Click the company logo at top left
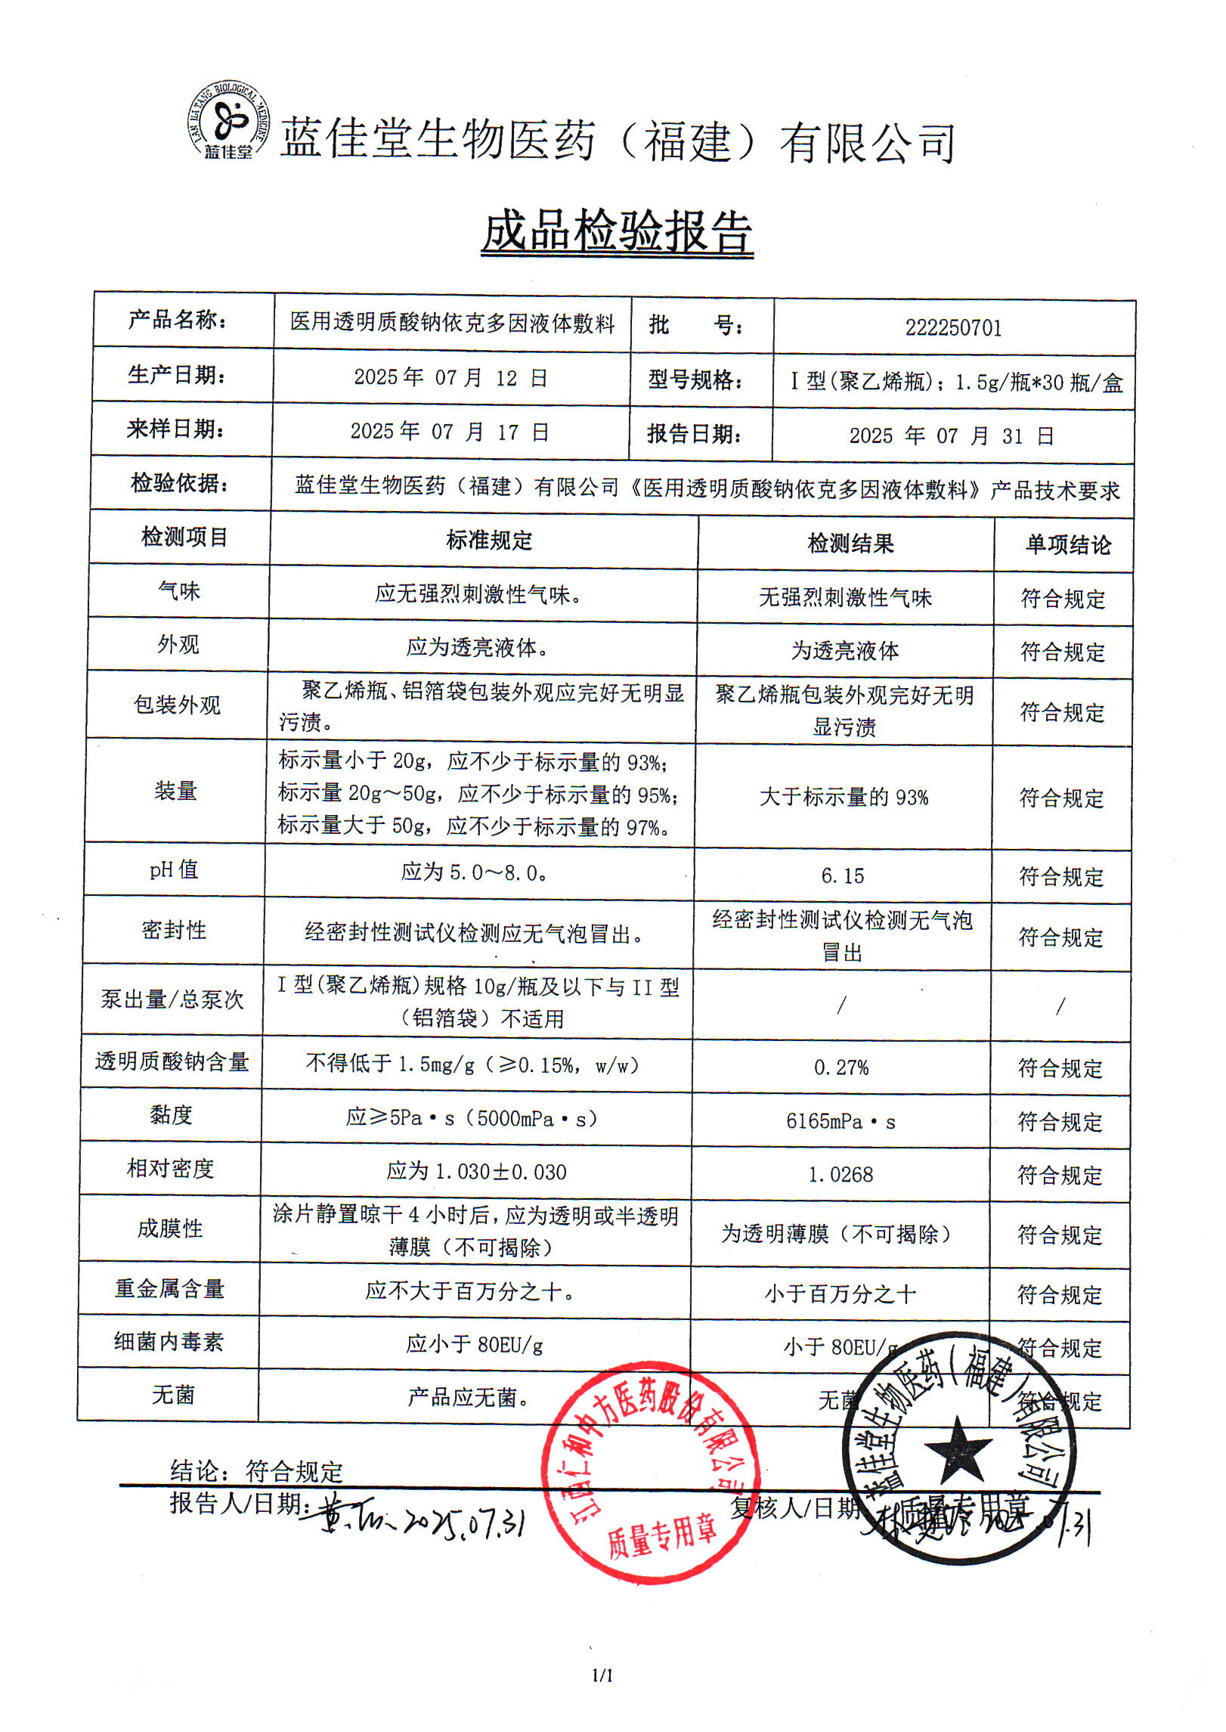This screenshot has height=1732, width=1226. pyautogui.click(x=228, y=120)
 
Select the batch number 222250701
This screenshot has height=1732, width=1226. pyautogui.click(x=953, y=328)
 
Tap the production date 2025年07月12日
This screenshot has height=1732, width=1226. pyautogui.click(x=450, y=377)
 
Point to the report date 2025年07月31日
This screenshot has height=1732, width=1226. pyautogui.click(x=951, y=436)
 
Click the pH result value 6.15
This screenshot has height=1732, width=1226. pyautogui.click(x=842, y=876)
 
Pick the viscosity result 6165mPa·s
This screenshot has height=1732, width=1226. pyautogui.click(x=841, y=1122)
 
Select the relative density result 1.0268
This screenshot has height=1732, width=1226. pyautogui.click(x=841, y=1175)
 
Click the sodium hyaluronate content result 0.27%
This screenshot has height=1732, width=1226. pyautogui.click(x=841, y=1067)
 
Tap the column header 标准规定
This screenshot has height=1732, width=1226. pyautogui.click(x=489, y=541)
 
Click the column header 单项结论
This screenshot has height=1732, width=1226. pyautogui.click(x=1068, y=545)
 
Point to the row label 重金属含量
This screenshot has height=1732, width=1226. pyautogui.click(x=169, y=1289)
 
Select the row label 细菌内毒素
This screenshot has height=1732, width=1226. pyautogui.click(x=169, y=1342)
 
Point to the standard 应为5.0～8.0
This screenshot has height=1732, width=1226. pyautogui.click(x=474, y=872)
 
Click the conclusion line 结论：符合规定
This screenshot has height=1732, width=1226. pyautogui.click(x=256, y=1471)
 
